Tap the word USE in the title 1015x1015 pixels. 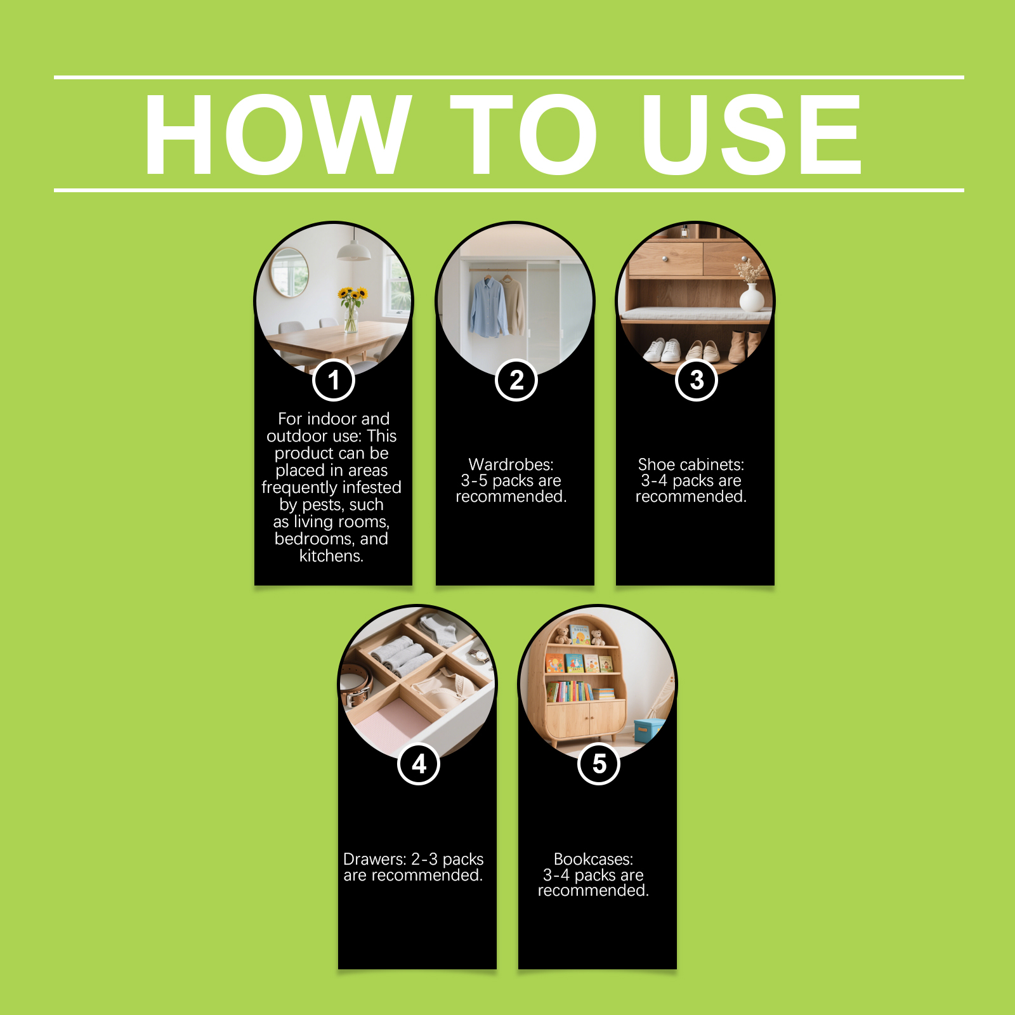tap(752, 134)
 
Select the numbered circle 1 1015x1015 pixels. tap(333, 380)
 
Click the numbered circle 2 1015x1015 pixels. tap(516, 380)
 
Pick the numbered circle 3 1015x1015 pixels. tap(697, 380)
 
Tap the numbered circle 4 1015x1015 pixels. tap(419, 764)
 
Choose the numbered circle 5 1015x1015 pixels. tap(599, 764)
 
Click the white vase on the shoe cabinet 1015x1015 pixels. tap(752, 297)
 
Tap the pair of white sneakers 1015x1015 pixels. tap(662, 350)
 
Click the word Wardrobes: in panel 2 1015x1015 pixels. tap(511, 464)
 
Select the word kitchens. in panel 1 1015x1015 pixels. tap(331, 556)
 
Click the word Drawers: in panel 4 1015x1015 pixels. tap(375, 859)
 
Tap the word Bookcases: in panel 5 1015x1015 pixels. tap(594, 859)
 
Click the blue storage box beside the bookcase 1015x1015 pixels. tap(648, 730)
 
